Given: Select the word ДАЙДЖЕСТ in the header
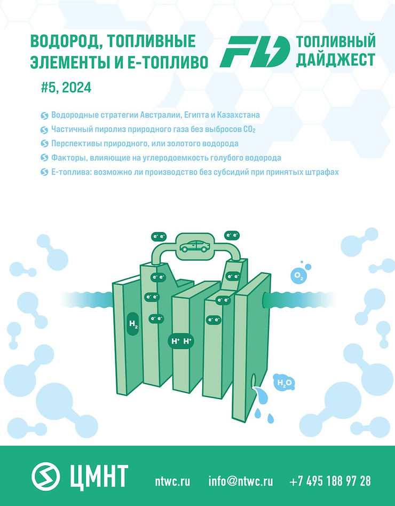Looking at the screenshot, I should (x=335, y=60).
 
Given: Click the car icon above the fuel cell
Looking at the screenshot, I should (x=194, y=246).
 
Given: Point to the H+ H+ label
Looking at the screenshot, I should (x=180, y=341).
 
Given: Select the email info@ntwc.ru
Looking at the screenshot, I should (x=241, y=480).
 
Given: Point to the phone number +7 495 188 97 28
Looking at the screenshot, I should (x=330, y=480).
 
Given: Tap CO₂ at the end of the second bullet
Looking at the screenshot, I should (x=248, y=130).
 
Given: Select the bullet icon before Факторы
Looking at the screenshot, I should (x=44, y=158).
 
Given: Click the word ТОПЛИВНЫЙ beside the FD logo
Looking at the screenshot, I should (x=335, y=42).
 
